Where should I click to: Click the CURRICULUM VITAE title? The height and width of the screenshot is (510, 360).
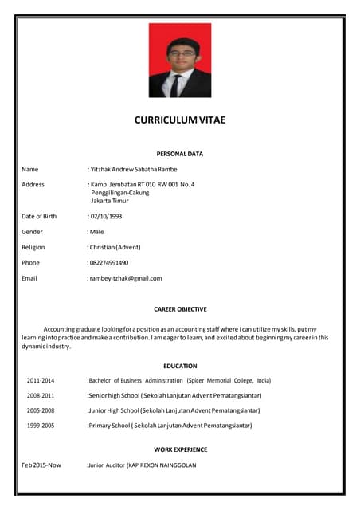[x=179, y=120]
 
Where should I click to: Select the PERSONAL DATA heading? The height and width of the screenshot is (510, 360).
[x=179, y=154]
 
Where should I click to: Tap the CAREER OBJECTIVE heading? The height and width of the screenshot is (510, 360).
[x=179, y=308]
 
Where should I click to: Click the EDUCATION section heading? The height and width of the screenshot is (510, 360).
[x=180, y=366]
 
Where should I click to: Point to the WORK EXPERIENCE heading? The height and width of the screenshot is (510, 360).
[x=180, y=449]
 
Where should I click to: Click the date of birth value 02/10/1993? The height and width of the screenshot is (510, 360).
[x=105, y=216]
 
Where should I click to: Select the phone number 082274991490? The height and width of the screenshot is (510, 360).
[x=108, y=262]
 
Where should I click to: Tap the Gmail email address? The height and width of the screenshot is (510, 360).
[x=125, y=278]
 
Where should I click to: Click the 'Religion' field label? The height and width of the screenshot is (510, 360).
[x=34, y=247]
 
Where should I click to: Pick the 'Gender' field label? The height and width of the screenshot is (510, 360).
[x=32, y=231]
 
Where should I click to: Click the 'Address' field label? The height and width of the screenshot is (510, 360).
[x=33, y=185]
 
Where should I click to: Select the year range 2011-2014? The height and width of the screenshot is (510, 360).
[x=41, y=381]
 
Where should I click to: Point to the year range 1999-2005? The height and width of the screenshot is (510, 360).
[x=41, y=426]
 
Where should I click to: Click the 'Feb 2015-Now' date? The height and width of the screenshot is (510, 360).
[x=41, y=465]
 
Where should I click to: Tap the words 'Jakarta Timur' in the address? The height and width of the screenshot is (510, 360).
[x=110, y=201]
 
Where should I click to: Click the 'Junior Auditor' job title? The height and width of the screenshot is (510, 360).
[x=106, y=465]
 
